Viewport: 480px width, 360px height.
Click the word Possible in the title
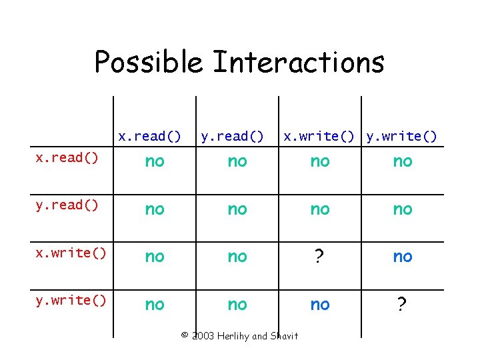tap(148, 63)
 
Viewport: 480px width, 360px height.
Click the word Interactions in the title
tap(298, 63)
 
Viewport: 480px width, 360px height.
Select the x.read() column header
tap(150, 137)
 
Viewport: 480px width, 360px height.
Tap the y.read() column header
tap(233, 137)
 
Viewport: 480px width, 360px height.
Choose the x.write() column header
tap(319, 137)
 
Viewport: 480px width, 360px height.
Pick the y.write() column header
tap(402, 137)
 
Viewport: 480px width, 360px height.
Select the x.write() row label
tap(71, 253)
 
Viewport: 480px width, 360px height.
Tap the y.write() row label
tap(71, 301)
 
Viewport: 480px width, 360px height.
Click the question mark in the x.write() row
tap(319, 257)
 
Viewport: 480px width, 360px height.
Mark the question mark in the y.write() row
tap(402, 305)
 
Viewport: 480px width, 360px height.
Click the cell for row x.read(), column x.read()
tap(154, 161)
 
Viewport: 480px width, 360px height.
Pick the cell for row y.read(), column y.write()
tap(402, 209)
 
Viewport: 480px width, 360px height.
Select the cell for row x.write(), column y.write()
tap(402, 257)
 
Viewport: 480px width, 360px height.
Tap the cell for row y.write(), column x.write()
tap(319, 305)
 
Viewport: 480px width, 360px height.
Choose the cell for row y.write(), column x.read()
tap(154, 305)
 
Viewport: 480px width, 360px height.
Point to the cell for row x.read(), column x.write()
tap(319, 161)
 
